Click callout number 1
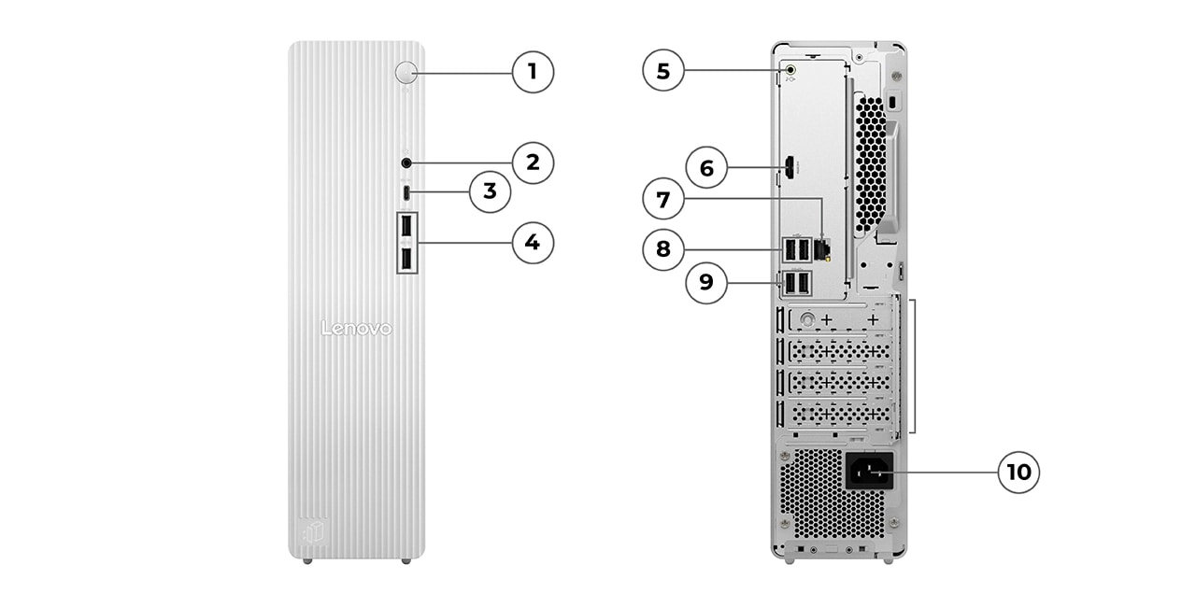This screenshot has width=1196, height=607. pyautogui.click(x=533, y=71)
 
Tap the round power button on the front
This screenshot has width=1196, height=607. pyautogui.click(x=406, y=72)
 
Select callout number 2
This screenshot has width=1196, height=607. pyautogui.click(x=533, y=162)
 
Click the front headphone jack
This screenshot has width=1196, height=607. pyautogui.click(x=406, y=163)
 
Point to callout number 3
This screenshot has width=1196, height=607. pyautogui.click(x=490, y=192)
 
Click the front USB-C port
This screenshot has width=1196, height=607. pyautogui.click(x=406, y=192)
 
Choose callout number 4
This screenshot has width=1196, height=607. pyautogui.click(x=533, y=243)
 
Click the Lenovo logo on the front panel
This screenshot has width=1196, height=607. pyautogui.click(x=356, y=329)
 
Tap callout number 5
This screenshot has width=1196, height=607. pyautogui.click(x=663, y=71)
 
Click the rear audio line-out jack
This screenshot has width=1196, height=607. pyautogui.click(x=791, y=69)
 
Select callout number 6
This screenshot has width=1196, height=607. pyautogui.click(x=706, y=168)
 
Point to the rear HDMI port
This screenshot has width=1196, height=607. pyautogui.click(x=790, y=169)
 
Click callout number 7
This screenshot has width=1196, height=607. pyautogui.click(x=663, y=200)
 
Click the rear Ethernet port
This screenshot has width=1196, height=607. pyautogui.click(x=822, y=248)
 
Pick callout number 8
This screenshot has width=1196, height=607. pyautogui.click(x=663, y=249)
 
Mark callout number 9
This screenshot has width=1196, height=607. pyautogui.click(x=706, y=283)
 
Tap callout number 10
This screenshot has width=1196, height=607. pyautogui.click(x=1018, y=472)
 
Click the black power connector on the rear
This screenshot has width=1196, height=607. pyautogui.click(x=869, y=471)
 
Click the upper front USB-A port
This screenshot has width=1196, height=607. pyautogui.click(x=407, y=228)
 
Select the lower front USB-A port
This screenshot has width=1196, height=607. pyautogui.click(x=407, y=259)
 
